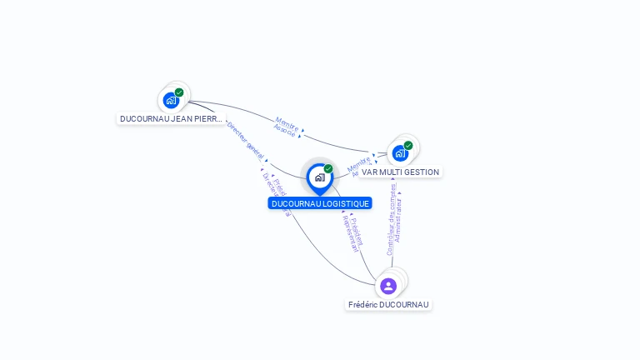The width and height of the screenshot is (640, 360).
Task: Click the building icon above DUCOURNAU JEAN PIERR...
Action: (171, 100)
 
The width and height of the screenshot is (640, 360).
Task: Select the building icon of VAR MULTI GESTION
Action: (400, 153)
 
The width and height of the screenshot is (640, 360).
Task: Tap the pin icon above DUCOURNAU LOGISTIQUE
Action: (319, 177)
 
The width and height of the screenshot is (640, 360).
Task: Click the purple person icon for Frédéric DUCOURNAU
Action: (388, 286)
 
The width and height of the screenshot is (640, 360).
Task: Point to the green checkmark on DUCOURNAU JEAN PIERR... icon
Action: (179, 92)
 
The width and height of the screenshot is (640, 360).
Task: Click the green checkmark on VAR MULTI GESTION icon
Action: (408, 145)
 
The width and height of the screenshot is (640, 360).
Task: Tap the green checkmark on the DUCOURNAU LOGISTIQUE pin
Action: (328, 169)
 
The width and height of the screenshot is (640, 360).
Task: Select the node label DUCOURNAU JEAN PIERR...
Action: (172, 119)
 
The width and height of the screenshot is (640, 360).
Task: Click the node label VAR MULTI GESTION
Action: (400, 172)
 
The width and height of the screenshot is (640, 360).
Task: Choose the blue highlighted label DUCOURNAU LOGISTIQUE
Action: (320, 203)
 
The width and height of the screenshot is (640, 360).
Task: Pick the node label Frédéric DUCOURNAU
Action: (388, 305)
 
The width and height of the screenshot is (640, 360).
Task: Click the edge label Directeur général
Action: (245, 141)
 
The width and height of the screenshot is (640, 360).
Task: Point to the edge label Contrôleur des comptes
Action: (391, 217)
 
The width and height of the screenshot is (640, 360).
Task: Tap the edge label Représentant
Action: (351, 232)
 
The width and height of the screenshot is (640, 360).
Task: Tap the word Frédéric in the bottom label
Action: (364, 305)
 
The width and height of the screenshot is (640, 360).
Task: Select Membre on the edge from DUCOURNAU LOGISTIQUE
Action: (358, 163)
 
